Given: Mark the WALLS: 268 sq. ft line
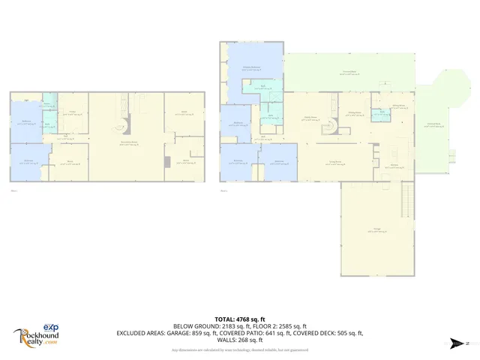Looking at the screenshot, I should click(239, 340).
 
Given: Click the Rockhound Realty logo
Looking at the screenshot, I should click(36, 335).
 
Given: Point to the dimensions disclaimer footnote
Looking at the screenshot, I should click(239, 349).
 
